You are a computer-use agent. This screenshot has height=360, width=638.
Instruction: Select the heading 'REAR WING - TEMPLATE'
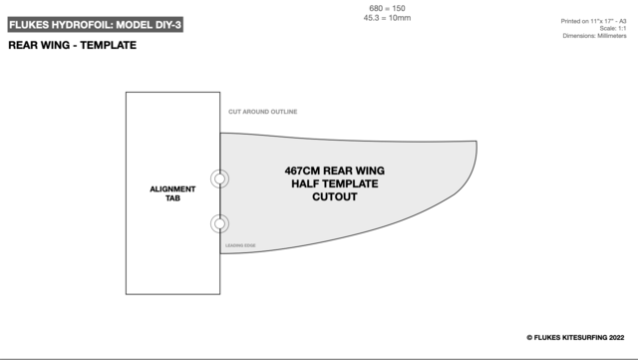pyautogui.click(x=72, y=46)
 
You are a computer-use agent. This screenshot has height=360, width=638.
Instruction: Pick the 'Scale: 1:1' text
pyautogui.click(x=610, y=29)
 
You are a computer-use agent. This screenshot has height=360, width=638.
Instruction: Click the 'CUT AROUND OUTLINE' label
pyautogui.click(x=263, y=112)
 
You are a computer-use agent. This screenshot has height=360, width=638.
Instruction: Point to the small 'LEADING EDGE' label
pyautogui.click(x=240, y=245)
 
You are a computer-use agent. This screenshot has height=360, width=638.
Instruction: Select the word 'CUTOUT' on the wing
pyautogui.click(x=335, y=196)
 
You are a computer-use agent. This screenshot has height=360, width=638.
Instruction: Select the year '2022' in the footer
pyautogui.click(x=609, y=338)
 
